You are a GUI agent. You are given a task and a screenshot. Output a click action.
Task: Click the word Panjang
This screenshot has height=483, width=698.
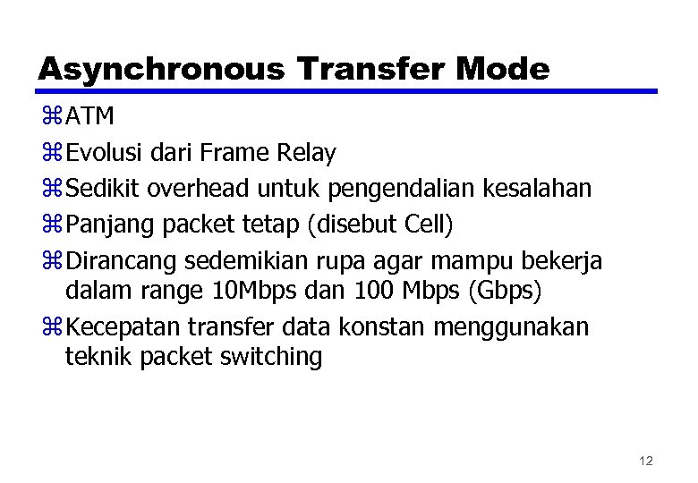pyautogui.click(x=110, y=225)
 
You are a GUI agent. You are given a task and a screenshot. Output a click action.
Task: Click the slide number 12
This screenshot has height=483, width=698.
pyautogui.click(x=646, y=461)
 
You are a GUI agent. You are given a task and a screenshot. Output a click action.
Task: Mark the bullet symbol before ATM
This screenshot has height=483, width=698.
pyautogui.click(x=49, y=118)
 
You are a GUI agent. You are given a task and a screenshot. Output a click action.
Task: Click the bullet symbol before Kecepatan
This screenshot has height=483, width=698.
pyautogui.click(x=49, y=327)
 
